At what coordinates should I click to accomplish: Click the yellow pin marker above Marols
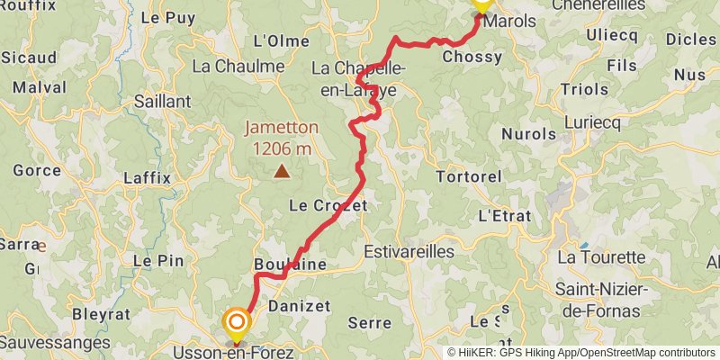[481, 3]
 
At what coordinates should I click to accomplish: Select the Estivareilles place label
[409, 252]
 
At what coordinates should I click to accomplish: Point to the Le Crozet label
[328, 206]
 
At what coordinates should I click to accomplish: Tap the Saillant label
[162, 102]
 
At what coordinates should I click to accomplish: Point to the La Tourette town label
[601, 257]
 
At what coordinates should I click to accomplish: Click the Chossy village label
[472, 57]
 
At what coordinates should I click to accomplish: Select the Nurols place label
[528, 134]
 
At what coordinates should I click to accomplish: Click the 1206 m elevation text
[282, 148]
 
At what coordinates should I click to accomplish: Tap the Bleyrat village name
[100, 315]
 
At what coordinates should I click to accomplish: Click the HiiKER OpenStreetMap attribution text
[581, 353]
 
